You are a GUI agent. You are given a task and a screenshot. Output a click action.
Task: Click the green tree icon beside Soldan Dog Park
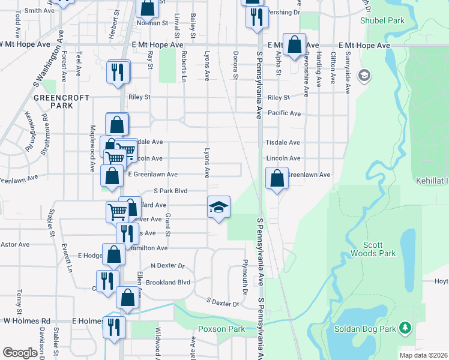pyautogui.click(x=406, y=327)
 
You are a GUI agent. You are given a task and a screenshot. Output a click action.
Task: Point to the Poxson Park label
pyautogui.click(x=221, y=329)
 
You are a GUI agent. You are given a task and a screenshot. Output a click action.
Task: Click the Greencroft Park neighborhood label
pyautogui.click(x=62, y=101)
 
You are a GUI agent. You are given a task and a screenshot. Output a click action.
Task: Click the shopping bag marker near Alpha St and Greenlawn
pyautogui.click(x=276, y=178)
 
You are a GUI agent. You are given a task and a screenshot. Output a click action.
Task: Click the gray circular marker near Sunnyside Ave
pyautogui.click(x=363, y=76)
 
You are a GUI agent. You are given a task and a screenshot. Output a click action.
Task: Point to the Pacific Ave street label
pyautogui.click(x=284, y=113)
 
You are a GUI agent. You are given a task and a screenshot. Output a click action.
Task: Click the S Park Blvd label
pyautogui.click(x=171, y=191)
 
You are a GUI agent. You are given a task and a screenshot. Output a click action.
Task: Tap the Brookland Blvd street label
pyautogui.click(x=171, y=282)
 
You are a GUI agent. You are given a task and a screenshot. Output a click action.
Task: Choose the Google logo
pyautogui.click(x=20, y=353)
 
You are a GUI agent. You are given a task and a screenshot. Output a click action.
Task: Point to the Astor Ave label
pyautogui.click(x=15, y=244)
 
